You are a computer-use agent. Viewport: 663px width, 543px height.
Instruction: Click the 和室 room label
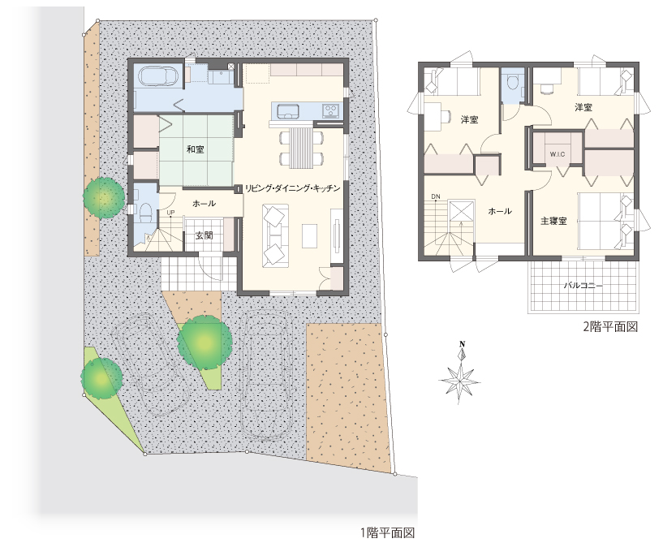[196, 149]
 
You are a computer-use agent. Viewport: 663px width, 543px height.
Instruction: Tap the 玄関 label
[204, 235]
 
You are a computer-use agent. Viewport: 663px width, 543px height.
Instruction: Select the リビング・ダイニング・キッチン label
[293, 188]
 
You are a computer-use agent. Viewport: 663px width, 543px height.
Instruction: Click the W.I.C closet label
[558, 154]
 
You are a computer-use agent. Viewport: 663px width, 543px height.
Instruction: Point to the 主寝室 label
[553, 221]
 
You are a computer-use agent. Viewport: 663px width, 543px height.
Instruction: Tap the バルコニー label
[583, 286]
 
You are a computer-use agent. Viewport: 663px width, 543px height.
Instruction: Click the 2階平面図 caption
[610, 326]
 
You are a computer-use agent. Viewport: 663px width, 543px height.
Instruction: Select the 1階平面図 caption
[387, 532]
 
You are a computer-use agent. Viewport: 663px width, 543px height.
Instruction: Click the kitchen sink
[288, 111]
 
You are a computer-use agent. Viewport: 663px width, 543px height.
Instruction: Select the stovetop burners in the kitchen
[330, 111]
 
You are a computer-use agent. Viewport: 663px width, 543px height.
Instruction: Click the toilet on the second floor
[512, 82]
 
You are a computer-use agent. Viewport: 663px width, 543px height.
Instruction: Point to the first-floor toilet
[144, 209]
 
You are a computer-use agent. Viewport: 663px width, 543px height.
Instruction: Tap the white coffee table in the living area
[309, 236]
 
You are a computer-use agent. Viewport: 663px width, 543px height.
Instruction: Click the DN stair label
[436, 196]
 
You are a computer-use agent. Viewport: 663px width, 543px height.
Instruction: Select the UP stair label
[171, 213]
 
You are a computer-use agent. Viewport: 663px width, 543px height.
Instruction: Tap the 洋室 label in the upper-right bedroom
[583, 107]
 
